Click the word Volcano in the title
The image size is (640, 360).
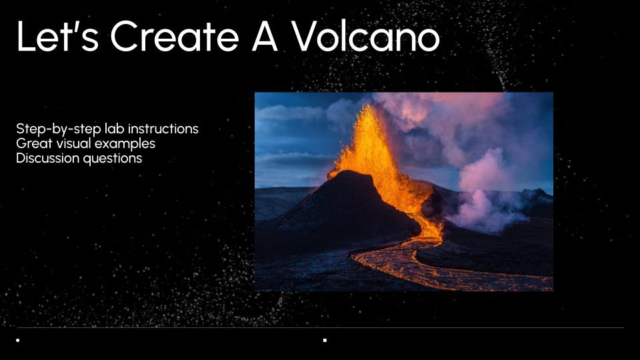pyautogui.click(x=366, y=36)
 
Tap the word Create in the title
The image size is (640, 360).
pyautogui.click(x=174, y=36)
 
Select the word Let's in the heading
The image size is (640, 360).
pyautogui.click(x=57, y=36)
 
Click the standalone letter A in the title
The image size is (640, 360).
pyautogui.click(x=265, y=36)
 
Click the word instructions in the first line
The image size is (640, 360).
pyautogui.click(x=163, y=129)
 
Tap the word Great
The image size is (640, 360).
pyautogui.click(x=35, y=144)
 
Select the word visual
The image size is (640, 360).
pyautogui.click(x=74, y=144)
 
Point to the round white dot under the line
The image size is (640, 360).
pyautogui.click(x=17, y=340)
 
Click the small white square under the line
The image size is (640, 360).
pyautogui.click(x=325, y=340)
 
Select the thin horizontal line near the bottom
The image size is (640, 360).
pyautogui.click(x=321, y=327)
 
